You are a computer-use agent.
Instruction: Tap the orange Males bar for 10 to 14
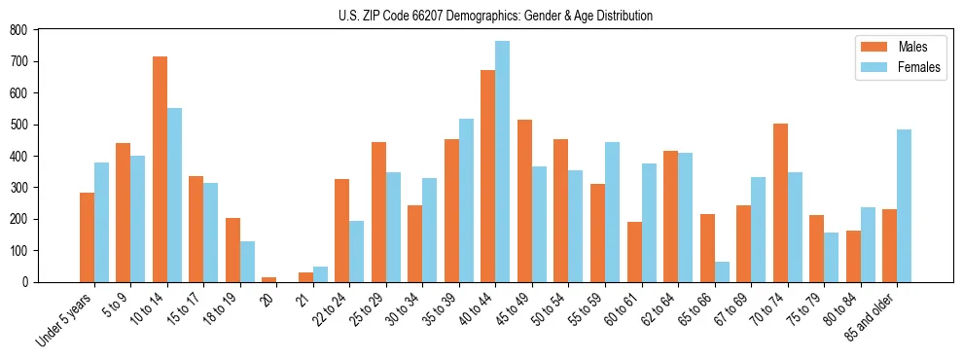[x=160, y=169]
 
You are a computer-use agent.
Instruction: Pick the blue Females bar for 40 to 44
[x=502, y=162]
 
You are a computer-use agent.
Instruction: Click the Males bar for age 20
[x=269, y=279]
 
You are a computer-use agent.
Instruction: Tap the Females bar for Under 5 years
[x=101, y=222]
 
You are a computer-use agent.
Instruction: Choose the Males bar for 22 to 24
[x=342, y=231]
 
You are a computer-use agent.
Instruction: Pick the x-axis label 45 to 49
[x=511, y=309]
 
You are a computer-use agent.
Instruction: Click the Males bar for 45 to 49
[x=524, y=200]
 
